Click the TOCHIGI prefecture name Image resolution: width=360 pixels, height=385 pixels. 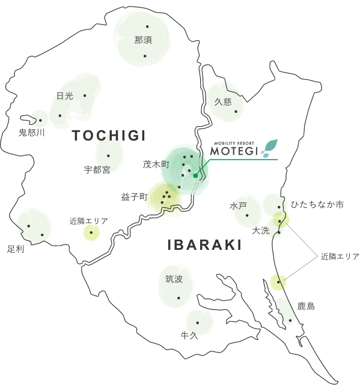(x=109, y=136)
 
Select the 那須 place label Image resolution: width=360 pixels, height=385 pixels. (x=144, y=41)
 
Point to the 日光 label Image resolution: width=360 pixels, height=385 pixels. (x=64, y=96)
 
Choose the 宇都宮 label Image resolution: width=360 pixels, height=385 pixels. (x=97, y=170)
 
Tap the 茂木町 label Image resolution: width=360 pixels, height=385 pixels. (x=156, y=164)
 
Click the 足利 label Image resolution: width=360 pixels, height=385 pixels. (x=16, y=248)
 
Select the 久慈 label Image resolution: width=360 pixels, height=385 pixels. (x=223, y=102)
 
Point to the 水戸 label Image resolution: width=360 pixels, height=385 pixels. (x=238, y=206)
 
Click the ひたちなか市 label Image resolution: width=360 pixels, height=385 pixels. (x=317, y=205)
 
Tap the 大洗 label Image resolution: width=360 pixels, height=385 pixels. (x=261, y=230)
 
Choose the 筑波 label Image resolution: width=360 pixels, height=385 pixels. (x=174, y=279)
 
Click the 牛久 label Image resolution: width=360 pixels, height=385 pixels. (x=189, y=335)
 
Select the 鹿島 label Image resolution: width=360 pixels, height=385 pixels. (x=306, y=306)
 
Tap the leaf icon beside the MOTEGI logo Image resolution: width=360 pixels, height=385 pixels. (x=269, y=148)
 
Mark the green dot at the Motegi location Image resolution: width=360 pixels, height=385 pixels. (x=195, y=176)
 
